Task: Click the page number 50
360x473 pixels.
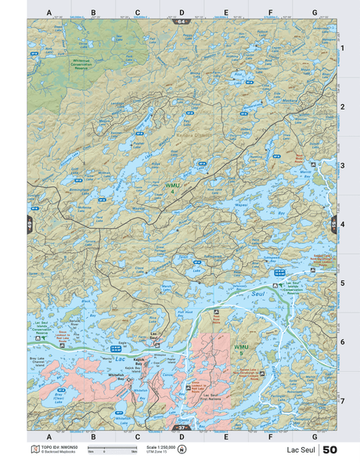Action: tap(329, 450)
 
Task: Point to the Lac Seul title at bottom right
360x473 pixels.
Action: tap(301, 450)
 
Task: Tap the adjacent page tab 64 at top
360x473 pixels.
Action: tap(182, 21)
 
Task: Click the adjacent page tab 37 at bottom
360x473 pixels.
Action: tap(182, 428)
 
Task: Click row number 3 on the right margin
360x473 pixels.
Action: tap(342, 165)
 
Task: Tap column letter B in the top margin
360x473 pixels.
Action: tap(93, 13)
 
